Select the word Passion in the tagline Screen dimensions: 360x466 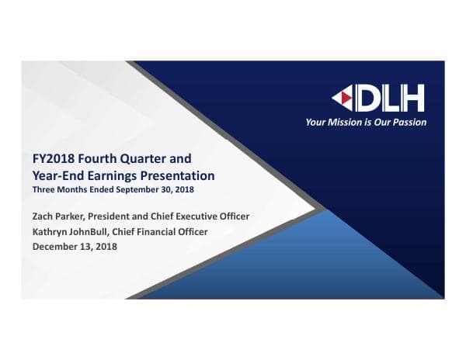(409, 122)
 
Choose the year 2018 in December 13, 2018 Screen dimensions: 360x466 (103, 247)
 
